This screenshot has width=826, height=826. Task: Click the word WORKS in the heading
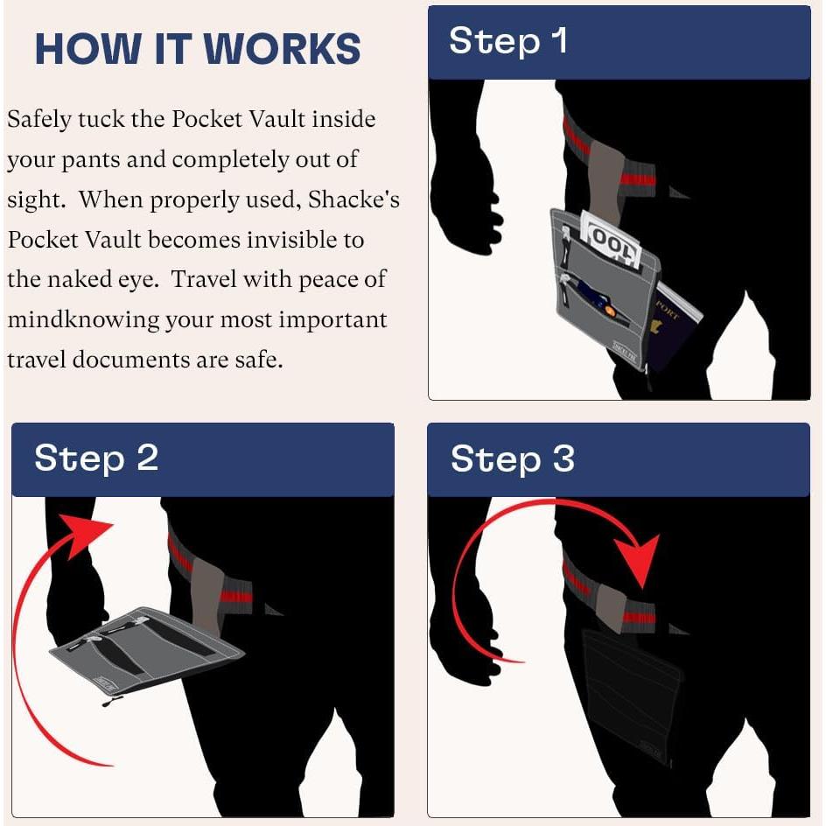point(282,49)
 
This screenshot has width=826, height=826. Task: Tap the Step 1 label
point(508,41)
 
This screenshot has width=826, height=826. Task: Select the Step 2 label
point(96,458)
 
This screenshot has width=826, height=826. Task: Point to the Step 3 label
point(512,458)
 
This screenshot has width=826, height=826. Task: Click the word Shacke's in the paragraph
point(353,200)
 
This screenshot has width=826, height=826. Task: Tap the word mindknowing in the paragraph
point(83,320)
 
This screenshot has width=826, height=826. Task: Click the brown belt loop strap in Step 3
point(611,608)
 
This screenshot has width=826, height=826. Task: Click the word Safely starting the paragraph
point(39,120)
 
